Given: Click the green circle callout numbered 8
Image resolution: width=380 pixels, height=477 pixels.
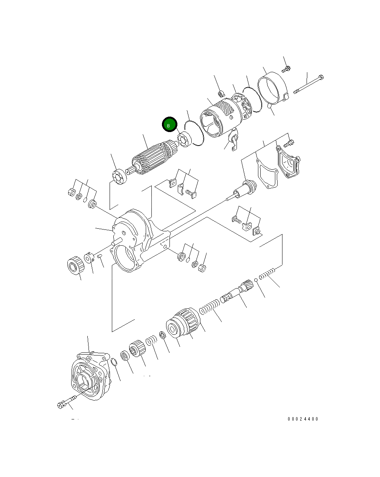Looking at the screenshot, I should pyautogui.click(x=169, y=125).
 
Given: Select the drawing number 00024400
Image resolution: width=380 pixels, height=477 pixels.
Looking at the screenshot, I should pyautogui.click(x=303, y=419).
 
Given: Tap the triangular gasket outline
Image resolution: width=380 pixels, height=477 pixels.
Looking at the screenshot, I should pyautogui.click(x=267, y=173).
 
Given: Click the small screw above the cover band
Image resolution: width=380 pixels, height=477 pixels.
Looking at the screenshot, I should pyautogui.click(x=286, y=69).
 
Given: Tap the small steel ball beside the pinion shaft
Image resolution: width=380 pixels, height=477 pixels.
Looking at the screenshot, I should pyautogui.click(x=256, y=280).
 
